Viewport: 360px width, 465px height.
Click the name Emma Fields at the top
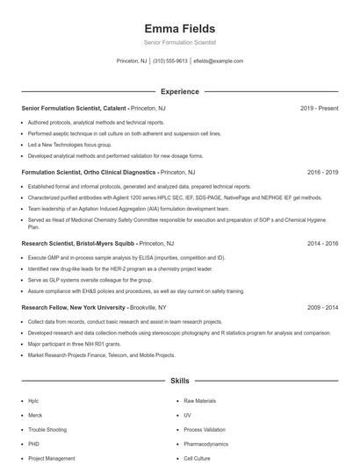click(179, 29)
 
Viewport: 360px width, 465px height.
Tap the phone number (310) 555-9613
click(170, 61)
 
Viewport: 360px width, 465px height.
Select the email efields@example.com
click(218, 61)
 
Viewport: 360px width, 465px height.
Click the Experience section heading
click(179, 91)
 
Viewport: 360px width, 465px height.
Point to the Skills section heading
click(179, 382)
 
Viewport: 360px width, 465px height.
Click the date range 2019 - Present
click(319, 108)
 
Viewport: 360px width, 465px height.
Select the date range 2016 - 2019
click(322, 172)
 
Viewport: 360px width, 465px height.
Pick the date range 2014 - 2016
click(322, 243)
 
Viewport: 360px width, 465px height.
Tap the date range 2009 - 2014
click(322, 308)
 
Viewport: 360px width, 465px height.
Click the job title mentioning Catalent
click(74, 108)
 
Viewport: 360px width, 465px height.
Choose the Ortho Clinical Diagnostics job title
click(89, 172)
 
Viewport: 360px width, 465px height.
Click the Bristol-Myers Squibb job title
click(79, 243)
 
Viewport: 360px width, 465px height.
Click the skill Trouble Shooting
click(47, 430)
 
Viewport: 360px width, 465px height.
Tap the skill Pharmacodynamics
click(205, 444)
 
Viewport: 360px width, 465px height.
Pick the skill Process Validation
click(205, 430)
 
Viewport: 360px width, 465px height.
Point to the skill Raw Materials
click(199, 400)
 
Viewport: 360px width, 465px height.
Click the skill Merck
click(35, 415)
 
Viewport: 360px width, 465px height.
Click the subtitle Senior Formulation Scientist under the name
click(179, 43)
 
